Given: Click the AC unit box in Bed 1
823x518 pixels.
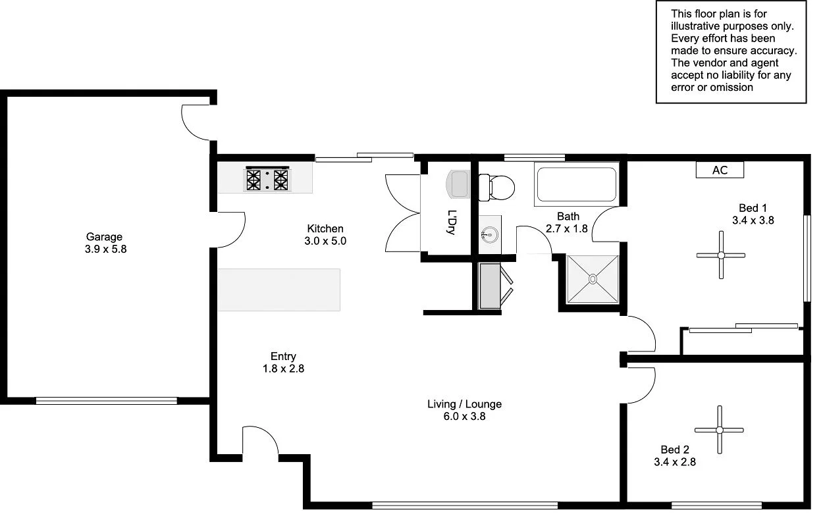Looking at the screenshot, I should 720,170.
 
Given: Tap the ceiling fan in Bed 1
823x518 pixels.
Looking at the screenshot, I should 721,255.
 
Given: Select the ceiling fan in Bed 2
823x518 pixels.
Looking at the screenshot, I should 720,430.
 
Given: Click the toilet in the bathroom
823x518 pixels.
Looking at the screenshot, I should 497,187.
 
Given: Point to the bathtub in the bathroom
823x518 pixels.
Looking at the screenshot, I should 576,185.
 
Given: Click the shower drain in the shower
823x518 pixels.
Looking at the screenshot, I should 593,278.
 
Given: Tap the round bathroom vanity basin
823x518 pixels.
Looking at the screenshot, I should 489,234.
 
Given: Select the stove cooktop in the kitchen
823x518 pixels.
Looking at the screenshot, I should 267,178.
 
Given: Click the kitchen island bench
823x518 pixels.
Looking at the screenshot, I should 279,290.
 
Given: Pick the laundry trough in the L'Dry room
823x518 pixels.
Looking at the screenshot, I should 458,184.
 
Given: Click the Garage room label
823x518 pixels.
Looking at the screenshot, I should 104,237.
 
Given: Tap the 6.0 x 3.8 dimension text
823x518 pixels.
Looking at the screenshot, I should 465,416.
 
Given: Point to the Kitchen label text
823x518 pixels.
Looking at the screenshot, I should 325,228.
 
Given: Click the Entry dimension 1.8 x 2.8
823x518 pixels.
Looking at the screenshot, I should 283,369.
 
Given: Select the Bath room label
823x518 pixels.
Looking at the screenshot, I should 568,216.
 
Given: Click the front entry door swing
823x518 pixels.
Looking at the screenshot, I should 260,440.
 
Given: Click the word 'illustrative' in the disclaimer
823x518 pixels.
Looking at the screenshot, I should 700,26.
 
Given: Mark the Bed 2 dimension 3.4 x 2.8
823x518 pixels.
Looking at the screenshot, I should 675,462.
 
